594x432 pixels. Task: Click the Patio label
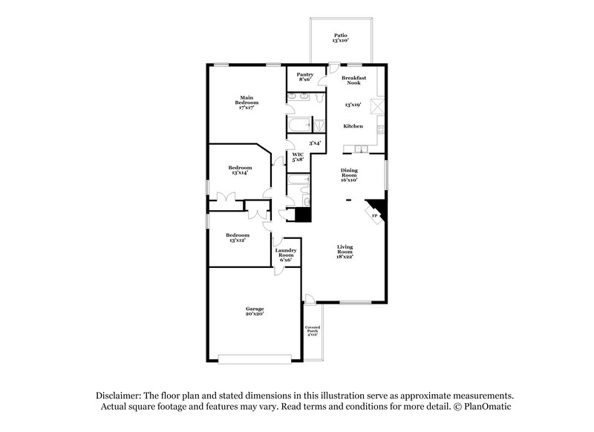(x=340, y=37)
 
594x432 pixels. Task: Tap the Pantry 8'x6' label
(x=304, y=76)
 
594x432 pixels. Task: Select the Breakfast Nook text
(x=353, y=79)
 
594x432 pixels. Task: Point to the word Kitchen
(x=353, y=126)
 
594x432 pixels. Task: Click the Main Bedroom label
(x=247, y=102)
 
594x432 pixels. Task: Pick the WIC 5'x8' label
(x=298, y=157)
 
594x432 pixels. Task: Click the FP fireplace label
(x=375, y=216)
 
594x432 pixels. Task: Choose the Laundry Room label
(x=287, y=255)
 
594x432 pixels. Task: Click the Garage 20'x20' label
(x=255, y=311)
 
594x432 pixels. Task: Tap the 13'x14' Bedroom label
(x=239, y=170)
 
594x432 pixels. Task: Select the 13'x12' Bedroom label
(x=238, y=238)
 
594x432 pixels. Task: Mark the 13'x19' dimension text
(x=352, y=105)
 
